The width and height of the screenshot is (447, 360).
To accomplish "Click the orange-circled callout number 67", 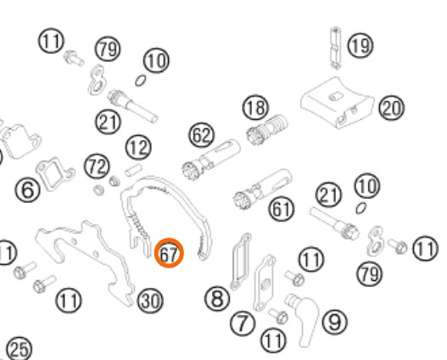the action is [x=169, y=253].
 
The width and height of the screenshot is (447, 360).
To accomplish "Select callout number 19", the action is [x=360, y=45].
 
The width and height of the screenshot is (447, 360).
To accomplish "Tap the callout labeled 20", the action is [x=391, y=108].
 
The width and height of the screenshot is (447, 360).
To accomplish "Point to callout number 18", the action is [x=255, y=108].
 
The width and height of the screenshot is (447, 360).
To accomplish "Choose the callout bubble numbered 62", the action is [x=201, y=135].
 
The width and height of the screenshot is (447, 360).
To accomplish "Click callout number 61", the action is [x=282, y=209].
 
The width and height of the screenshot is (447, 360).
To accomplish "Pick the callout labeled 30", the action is [x=150, y=301].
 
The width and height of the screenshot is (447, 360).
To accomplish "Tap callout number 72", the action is [x=97, y=166].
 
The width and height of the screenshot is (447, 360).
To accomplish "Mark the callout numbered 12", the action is [x=138, y=148].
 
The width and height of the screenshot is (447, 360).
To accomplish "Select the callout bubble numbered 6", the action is [x=27, y=189].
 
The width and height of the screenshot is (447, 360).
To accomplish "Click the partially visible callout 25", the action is [x=20, y=349].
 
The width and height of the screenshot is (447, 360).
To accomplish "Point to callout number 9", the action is [x=335, y=322].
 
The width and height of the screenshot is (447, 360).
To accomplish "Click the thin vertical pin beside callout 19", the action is [x=336, y=48].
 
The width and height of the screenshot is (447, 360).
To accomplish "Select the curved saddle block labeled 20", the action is [x=338, y=103].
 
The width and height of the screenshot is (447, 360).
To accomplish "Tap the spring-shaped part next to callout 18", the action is [x=267, y=130].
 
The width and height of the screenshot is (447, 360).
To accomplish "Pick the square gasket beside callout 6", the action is [x=55, y=174].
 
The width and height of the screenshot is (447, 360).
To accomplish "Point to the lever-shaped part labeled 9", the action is [x=303, y=318].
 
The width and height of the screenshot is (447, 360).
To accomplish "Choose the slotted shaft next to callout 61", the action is [x=263, y=188].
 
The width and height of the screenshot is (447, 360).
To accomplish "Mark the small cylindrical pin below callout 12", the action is [x=133, y=170].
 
